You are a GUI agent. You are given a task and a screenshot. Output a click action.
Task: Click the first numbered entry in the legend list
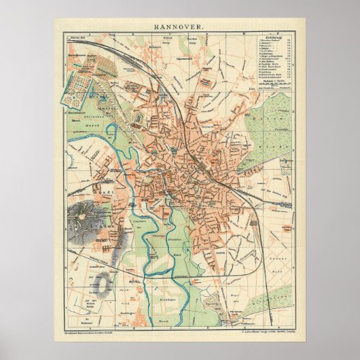270,40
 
